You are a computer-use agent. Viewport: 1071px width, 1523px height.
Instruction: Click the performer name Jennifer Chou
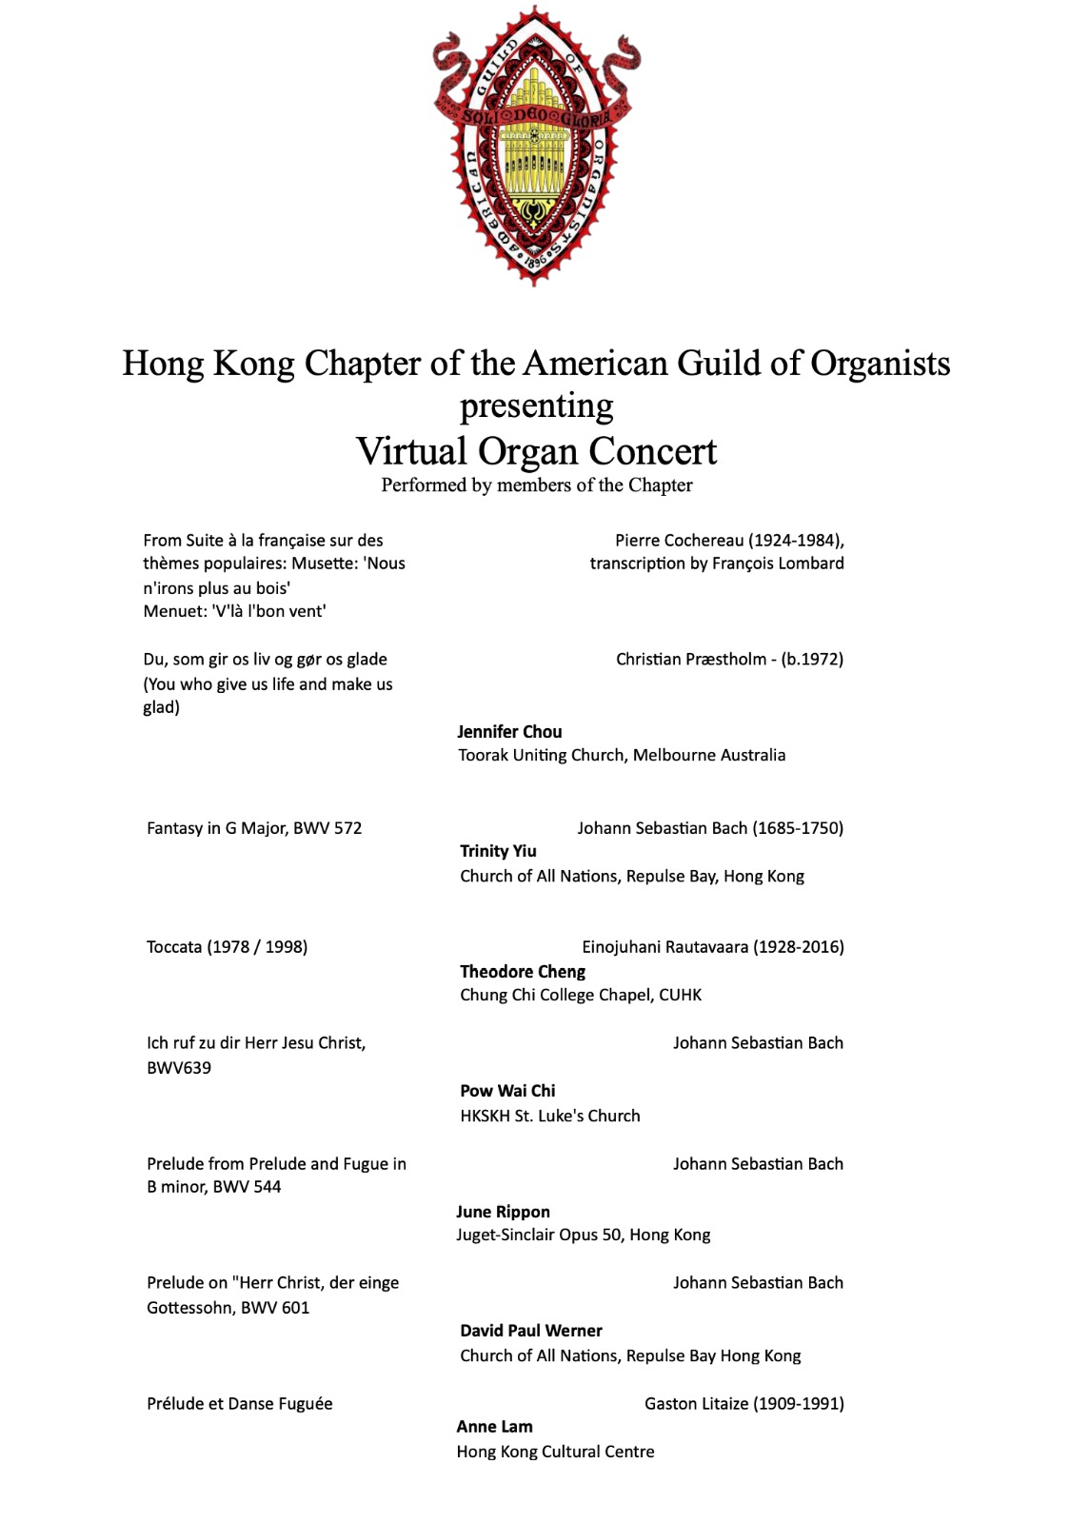click(x=509, y=731)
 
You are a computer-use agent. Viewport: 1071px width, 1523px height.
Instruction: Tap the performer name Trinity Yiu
click(x=498, y=851)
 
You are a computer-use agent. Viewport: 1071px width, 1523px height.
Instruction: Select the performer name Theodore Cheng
click(x=523, y=971)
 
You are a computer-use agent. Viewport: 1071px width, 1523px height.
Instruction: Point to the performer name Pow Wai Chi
click(x=507, y=1091)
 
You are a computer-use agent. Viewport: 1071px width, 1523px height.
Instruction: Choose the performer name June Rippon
click(x=503, y=1212)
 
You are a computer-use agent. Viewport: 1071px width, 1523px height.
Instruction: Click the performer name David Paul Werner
click(x=531, y=1331)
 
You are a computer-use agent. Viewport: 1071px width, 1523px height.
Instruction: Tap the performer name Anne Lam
click(x=494, y=1426)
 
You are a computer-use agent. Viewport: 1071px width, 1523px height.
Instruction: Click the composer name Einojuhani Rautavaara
click(x=666, y=947)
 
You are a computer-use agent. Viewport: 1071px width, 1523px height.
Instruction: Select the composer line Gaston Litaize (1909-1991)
click(x=744, y=1403)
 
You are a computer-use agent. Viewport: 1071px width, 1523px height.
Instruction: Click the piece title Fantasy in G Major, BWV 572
click(x=254, y=828)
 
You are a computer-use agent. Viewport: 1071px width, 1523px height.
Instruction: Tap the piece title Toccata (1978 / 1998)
click(x=227, y=947)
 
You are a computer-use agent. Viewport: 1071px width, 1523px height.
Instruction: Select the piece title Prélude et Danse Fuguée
click(x=240, y=1403)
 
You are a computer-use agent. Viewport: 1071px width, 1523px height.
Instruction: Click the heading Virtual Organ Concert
click(x=536, y=451)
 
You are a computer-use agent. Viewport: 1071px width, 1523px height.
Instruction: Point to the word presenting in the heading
click(x=536, y=406)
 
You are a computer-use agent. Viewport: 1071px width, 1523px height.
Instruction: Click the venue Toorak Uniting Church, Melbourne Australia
click(x=622, y=755)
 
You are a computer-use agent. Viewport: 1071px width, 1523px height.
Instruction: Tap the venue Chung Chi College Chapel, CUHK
click(x=581, y=995)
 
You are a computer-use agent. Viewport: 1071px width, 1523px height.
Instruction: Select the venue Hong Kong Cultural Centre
click(x=555, y=1452)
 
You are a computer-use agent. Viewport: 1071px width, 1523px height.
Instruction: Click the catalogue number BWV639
click(x=179, y=1068)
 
